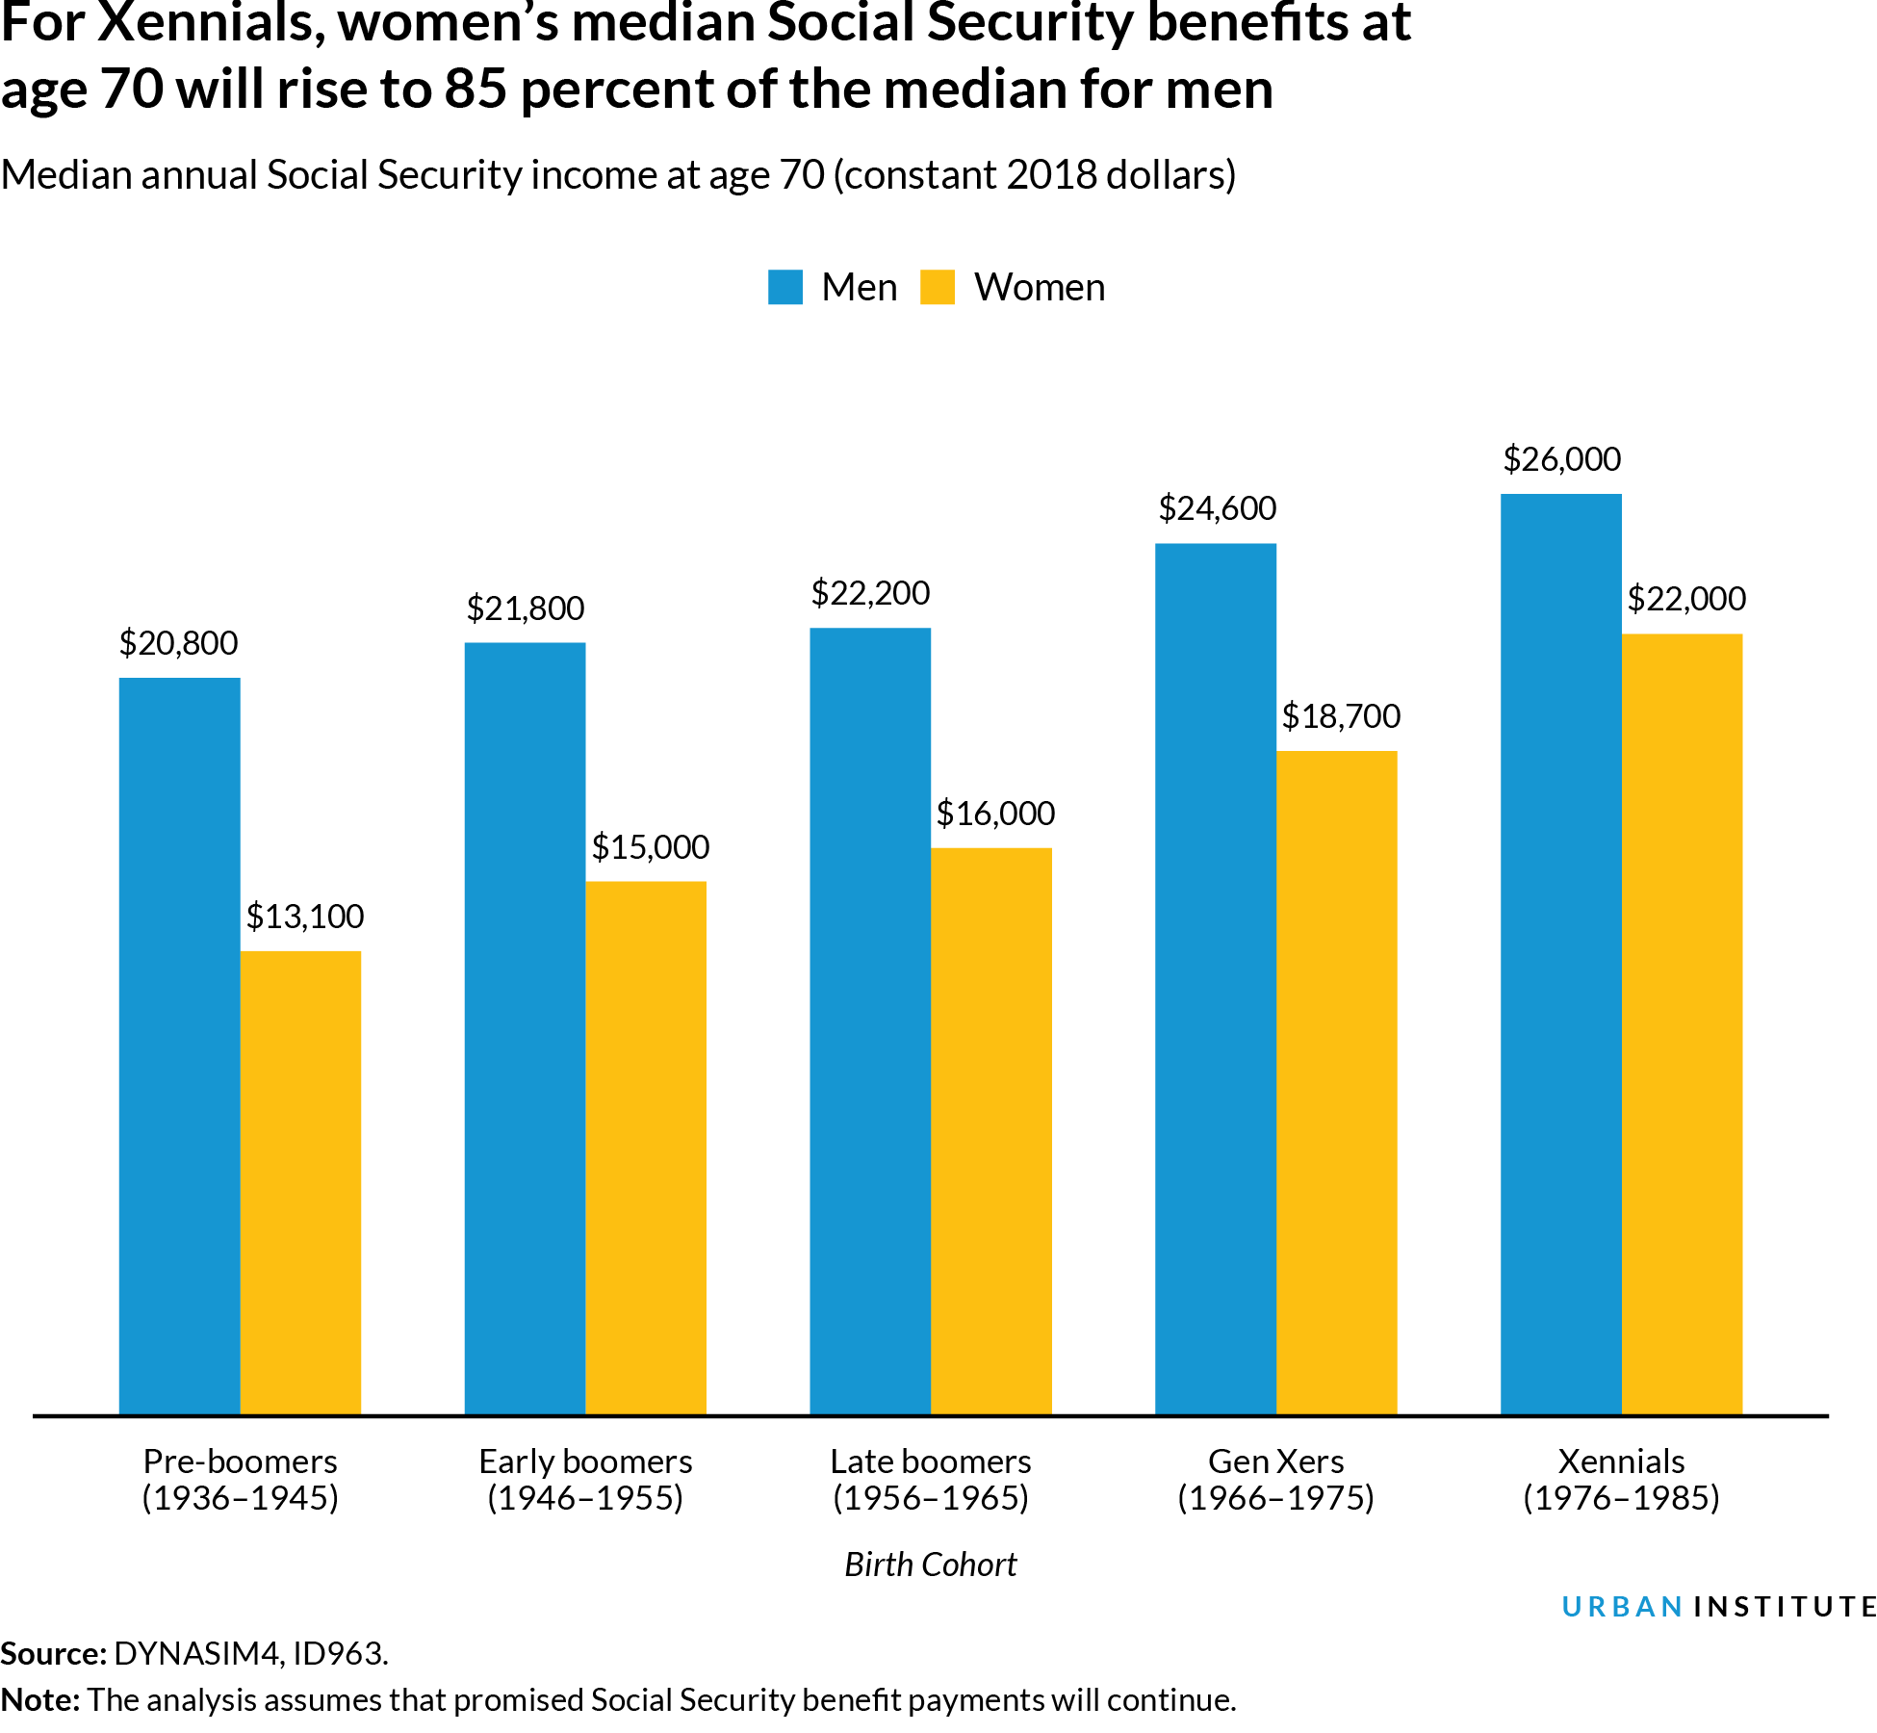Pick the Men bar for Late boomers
pyautogui.click(x=870, y=1021)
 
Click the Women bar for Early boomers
pyautogui.click(x=645, y=1147)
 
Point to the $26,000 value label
pyautogui.click(x=1561, y=459)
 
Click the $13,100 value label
pyautogui.click(x=305, y=916)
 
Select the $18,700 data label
pyautogui.click(x=1341, y=716)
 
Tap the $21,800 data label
pyautogui.click(x=525, y=608)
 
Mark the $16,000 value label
pyautogui.click(x=995, y=814)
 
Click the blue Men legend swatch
pyautogui.click(x=784, y=287)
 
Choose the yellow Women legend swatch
pyautogui.click(x=937, y=287)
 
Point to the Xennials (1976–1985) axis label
pyautogui.click(x=1621, y=1479)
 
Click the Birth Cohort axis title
pyautogui.click(x=930, y=1564)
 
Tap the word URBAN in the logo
pyautogui.click(x=1621, y=1607)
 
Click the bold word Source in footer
pyautogui.click(x=52, y=1653)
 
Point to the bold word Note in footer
pyautogui.click(x=39, y=1699)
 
